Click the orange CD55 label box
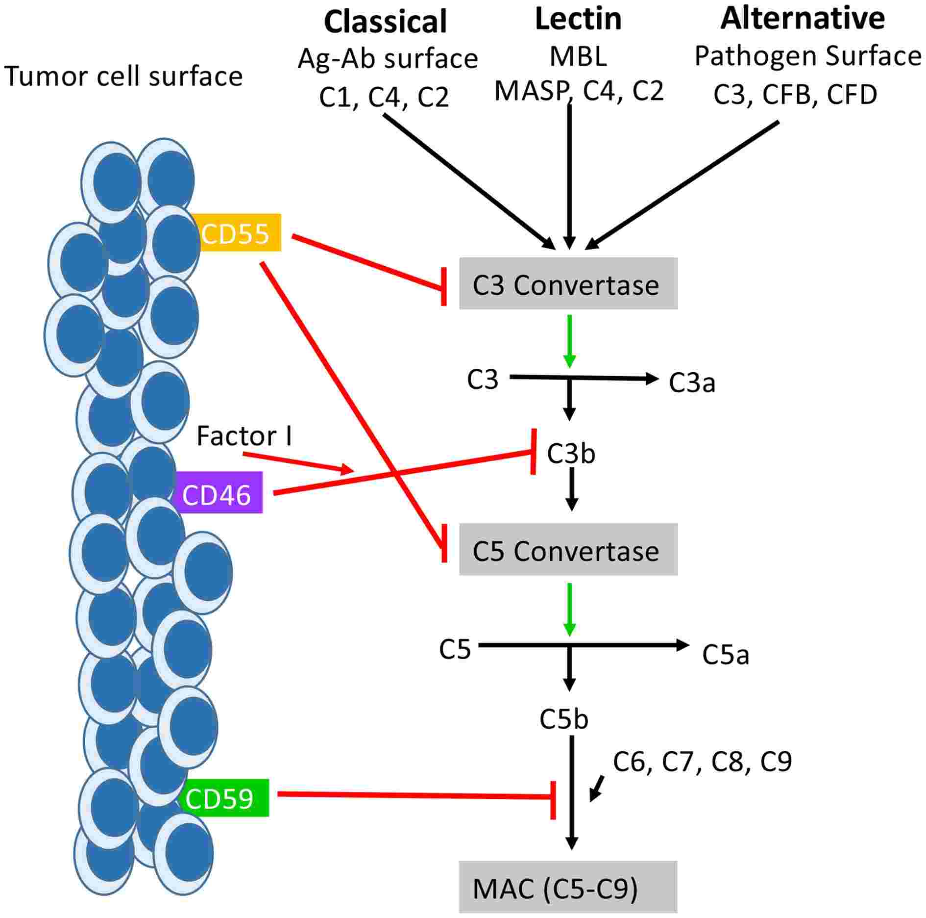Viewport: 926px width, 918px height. click(x=236, y=233)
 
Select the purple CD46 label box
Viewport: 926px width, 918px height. click(x=217, y=493)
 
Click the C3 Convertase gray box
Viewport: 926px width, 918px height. click(x=568, y=284)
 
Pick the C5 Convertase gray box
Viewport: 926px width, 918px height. click(x=568, y=550)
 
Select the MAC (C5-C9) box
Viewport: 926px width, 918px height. click(x=568, y=888)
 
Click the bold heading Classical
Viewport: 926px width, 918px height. click(x=385, y=22)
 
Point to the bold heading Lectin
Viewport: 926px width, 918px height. click(x=578, y=20)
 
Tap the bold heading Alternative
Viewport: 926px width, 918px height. click(x=802, y=19)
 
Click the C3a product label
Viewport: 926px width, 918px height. click(x=692, y=383)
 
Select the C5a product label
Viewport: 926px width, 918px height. click(x=726, y=655)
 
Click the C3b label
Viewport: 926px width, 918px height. click(x=571, y=454)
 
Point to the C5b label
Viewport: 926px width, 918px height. click(x=564, y=719)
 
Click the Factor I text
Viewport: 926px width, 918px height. click(x=244, y=436)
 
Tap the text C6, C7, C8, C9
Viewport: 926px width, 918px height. click(x=702, y=762)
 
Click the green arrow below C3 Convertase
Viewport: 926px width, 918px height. click(x=569, y=341)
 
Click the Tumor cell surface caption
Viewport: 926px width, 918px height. click(x=123, y=76)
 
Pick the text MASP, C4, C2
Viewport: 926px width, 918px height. click(x=579, y=91)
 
